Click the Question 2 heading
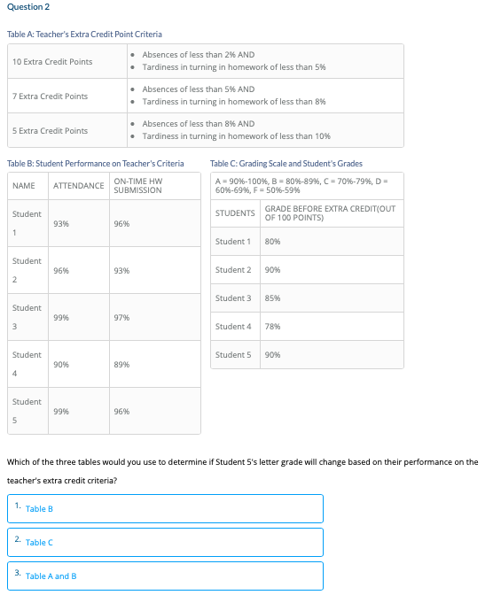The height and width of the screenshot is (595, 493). (28, 7)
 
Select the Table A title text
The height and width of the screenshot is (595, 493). (84, 34)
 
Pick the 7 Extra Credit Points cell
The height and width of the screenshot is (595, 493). (50, 96)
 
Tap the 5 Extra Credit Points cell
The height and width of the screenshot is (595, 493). (50, 130)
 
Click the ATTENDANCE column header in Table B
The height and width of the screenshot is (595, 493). (79, 186)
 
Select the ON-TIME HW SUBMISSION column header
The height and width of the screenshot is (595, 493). (138, 186)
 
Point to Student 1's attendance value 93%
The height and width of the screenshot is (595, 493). (62, 224)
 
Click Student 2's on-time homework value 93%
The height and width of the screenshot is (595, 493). (122, 270)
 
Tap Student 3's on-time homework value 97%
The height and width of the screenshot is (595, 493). (122, 317)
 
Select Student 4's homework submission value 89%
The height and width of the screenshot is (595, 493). (122, 364)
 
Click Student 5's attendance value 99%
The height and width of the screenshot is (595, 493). (62, 411)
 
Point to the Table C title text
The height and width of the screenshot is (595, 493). (286, 163)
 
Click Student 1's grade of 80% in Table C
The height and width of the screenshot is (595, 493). (273, 242)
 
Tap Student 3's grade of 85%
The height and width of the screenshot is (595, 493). (273, 298)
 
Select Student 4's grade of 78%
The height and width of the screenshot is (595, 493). (273, 327)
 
